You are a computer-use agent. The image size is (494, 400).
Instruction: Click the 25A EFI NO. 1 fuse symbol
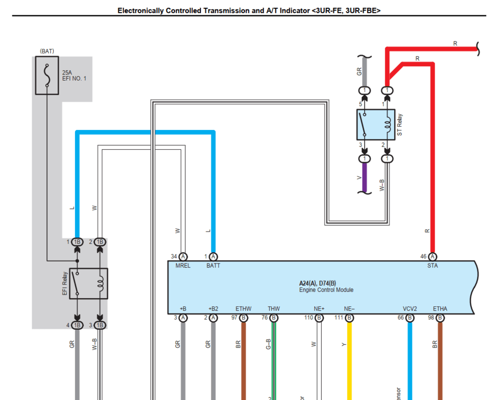(47, 76)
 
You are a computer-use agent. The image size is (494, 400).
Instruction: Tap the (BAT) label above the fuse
(47, 51)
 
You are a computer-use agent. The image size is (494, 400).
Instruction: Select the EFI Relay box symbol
(88, 283)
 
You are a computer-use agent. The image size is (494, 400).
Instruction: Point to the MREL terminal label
(182, 266)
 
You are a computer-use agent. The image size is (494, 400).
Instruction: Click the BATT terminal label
(213, 266)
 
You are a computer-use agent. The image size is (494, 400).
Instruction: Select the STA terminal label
(432, 266)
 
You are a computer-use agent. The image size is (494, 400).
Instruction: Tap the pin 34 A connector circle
(183, 257)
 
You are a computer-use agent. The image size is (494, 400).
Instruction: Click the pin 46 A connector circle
(433, 257)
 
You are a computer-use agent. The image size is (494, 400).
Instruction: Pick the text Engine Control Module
(326, 290)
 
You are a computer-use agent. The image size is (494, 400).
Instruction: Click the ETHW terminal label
(243, 309)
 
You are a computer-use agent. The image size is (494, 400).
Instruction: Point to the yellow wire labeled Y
(350, 361)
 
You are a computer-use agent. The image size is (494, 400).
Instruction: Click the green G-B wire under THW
(274, 361)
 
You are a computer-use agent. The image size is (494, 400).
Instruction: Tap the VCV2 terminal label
(410, 309)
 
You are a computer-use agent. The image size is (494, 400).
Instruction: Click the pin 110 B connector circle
(319, 318)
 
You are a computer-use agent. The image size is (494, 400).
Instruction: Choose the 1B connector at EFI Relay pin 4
(77, 325)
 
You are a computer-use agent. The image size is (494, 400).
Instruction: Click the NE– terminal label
(349, 309)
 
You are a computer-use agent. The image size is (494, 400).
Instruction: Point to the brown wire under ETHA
(440, 361)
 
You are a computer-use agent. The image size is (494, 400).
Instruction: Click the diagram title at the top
(248, 10)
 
